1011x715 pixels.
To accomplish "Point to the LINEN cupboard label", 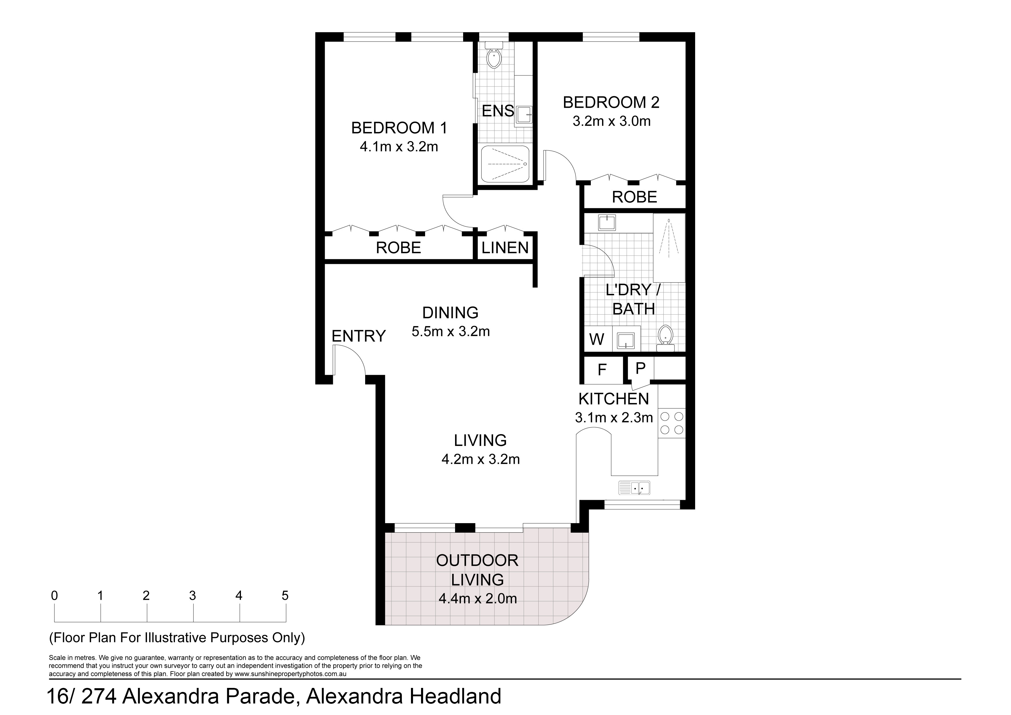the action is click(x=505, y=248).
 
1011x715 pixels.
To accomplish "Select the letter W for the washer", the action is click(x=597, y=339).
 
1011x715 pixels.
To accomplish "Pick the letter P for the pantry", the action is click(x=641, y=368).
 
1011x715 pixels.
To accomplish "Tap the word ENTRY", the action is click(x=359, y=336).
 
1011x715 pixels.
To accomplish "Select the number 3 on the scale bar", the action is click(x=193, y=596).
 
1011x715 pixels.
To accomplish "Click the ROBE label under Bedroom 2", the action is click(x=635, y=197).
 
